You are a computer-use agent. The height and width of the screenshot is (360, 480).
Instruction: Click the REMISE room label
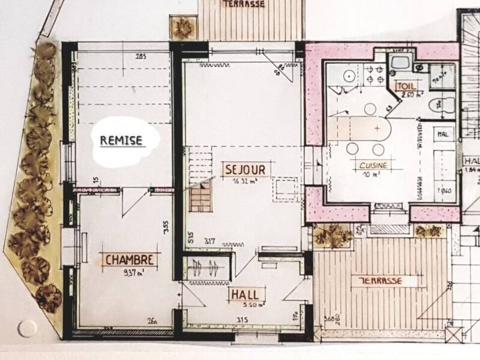(121, 141)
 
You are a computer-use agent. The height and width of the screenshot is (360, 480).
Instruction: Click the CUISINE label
(372, 165)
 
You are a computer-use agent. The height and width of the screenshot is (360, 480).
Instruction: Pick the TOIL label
(405, 85)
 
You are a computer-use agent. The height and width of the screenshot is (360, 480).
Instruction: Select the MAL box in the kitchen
(444, 133)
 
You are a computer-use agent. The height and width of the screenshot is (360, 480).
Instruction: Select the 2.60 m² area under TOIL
(405, 95)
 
